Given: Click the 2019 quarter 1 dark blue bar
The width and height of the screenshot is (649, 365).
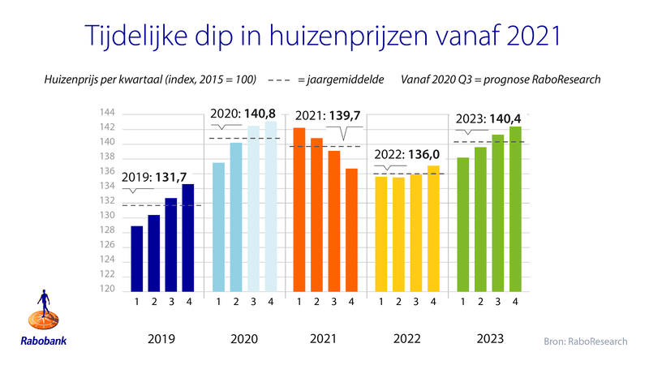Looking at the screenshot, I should [137, 258].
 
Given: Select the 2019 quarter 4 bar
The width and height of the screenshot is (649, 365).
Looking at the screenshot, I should [188, 237].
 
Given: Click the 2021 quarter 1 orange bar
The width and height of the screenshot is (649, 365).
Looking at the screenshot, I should [299, 208].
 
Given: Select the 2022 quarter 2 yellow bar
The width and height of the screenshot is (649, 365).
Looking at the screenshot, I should [398, 234].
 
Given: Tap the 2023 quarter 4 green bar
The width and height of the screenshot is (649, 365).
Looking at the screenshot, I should [513, 208].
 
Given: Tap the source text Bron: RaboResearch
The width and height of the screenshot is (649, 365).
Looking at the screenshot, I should [584, 341].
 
